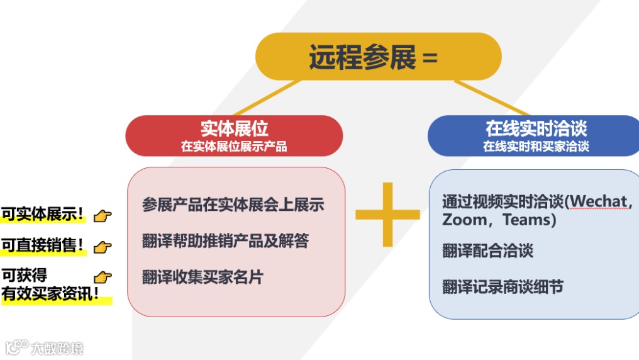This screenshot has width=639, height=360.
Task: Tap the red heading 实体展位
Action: [234, 128]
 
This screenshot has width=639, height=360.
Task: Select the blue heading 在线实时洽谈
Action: [536, 128]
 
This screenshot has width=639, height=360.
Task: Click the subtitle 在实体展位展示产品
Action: [234, 147]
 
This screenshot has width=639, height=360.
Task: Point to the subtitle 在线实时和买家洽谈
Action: [536, 147]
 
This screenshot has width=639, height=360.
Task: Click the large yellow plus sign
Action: [387, 215]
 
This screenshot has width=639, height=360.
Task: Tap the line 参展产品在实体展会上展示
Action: [233, 205]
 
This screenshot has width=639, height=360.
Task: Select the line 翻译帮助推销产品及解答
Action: [225, 240]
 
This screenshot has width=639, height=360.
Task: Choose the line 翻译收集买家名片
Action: [202, 276]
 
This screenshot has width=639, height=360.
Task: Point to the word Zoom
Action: [464, 220]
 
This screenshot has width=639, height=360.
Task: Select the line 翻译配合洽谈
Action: [487, 250]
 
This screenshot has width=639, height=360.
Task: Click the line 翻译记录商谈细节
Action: [503, 287]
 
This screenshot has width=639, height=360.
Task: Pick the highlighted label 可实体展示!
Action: [43, 214]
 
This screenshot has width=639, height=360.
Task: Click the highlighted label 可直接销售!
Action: [43, 245]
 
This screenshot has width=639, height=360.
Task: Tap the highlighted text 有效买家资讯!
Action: [52, 295]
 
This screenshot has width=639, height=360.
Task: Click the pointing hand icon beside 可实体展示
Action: [103, 216]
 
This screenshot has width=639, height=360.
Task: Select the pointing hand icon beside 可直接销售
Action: [103, 247]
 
